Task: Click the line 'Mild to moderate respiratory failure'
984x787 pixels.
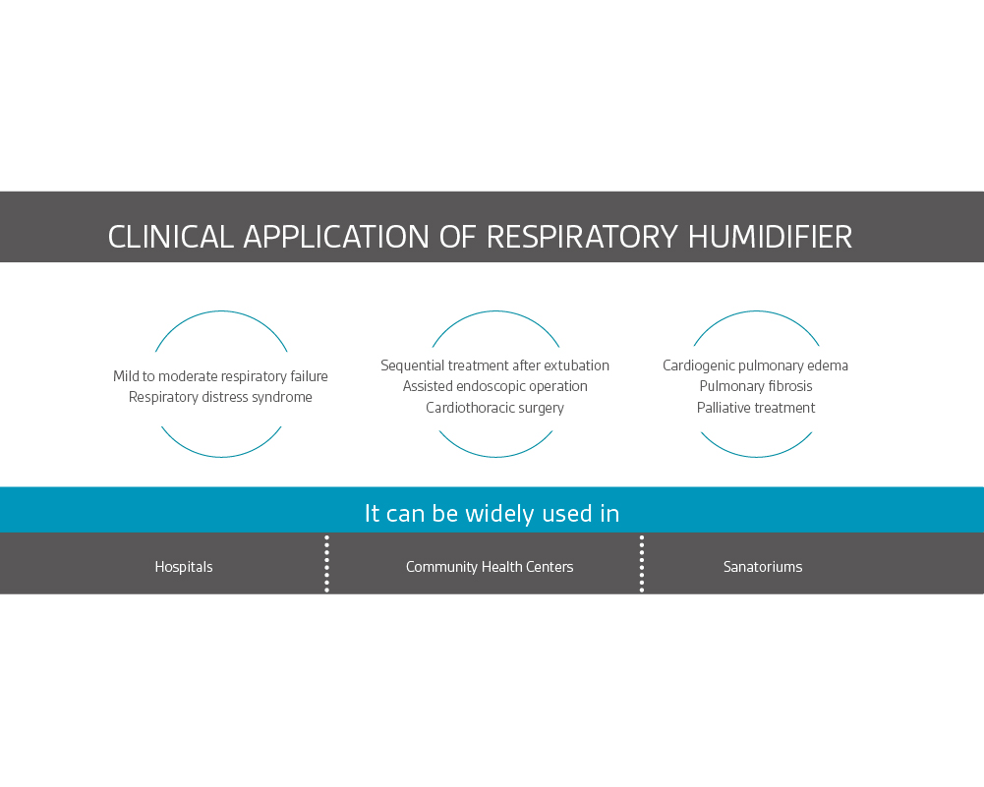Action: [x=220, y=376]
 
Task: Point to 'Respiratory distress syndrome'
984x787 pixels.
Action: [x=220, y=397]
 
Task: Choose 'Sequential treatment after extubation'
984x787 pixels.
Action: [x=494, y=365]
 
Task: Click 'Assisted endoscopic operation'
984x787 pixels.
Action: [x=494, y=386]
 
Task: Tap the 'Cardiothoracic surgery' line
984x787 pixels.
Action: [x=494, y=408]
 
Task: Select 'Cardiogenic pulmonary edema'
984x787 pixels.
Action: [x=755, y=365]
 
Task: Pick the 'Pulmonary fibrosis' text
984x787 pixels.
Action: [x=755, y=386]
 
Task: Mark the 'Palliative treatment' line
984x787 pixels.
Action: [x=755, y=408]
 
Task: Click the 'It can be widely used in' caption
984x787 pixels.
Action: [x=492, y=513]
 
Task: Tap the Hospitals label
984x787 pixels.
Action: [x=184, y=567]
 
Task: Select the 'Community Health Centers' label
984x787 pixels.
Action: [x=490, y=567]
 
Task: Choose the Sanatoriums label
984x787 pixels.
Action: [x=763, y=567]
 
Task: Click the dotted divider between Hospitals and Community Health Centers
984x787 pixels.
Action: [x=326, y=563]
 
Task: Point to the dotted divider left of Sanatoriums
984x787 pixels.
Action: [x=642, y=563]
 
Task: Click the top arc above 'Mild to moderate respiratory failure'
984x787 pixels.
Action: [x=221, y=312]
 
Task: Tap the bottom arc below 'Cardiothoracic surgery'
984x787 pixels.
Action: [x=495, y=456]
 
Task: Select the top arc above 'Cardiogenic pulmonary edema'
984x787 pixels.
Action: [x=756, y=312]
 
